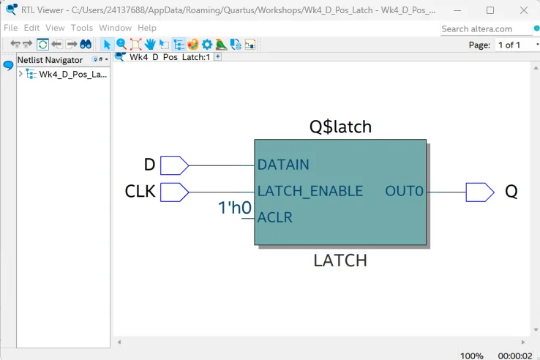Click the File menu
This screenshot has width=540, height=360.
[x=11, y=28]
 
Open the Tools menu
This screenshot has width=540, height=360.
[x=82, y=28]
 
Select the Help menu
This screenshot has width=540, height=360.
[x=147, y=28]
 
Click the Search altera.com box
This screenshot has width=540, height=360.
[x=486, y=29]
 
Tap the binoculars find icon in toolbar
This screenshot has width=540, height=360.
[x=86, y=44]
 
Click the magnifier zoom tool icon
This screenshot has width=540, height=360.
[x=121, y=44]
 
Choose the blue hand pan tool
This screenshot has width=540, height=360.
[x=150, y=44]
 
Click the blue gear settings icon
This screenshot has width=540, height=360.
[x=207, y=45]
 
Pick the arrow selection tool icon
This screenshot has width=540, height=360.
[x=107, y=45]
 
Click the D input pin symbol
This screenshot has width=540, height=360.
[x=175, y=165]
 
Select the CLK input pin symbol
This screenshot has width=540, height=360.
[x=175, y=192]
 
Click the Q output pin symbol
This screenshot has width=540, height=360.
[x=480, y=192]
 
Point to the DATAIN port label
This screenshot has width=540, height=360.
[x=283, y=165]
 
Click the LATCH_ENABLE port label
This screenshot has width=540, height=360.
[x=310, y=191]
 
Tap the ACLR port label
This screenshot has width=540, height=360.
[x=275, y=217]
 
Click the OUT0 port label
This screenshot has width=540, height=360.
[x=404, y=191]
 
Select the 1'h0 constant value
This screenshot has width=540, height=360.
[x=235, y=208]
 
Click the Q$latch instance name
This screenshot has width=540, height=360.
[x=340, y=127]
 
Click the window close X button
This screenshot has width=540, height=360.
[x=524, y=10]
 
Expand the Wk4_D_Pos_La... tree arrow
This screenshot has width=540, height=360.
[x=20, y=74]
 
